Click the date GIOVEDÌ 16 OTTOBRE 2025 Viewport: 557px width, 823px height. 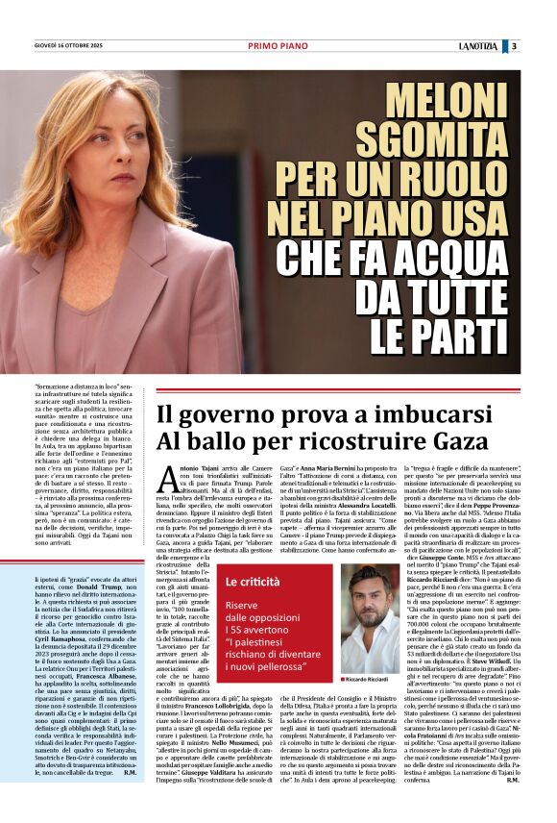[x=70, y=46]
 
